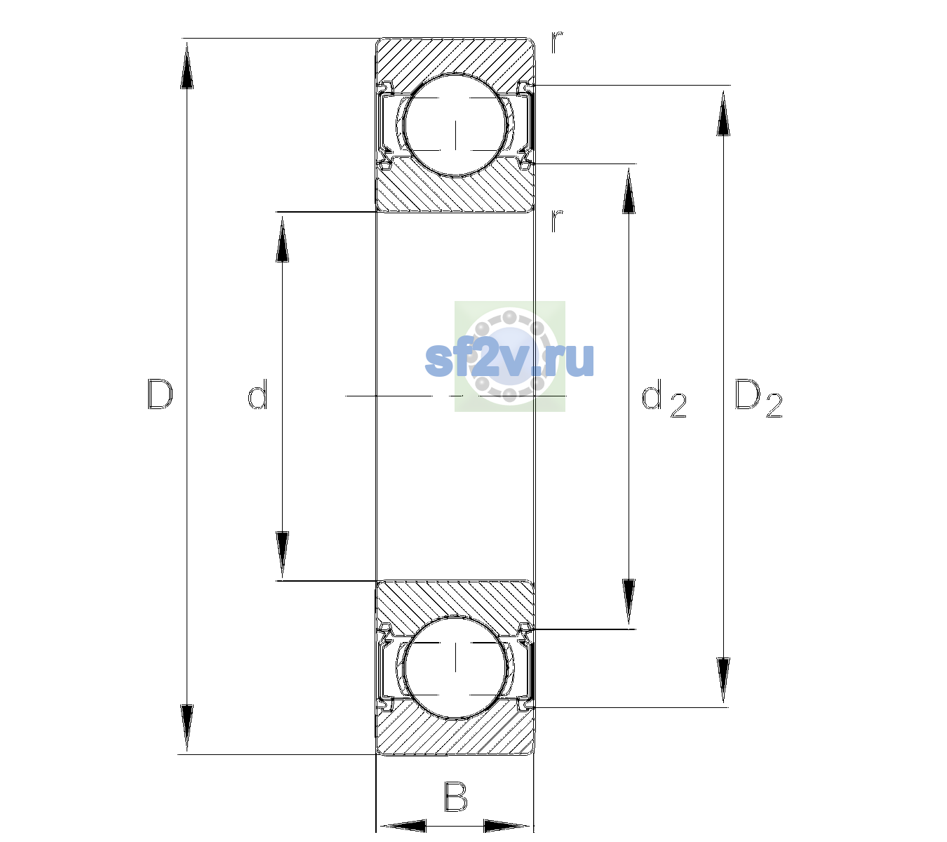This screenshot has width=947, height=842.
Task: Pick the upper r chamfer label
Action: click(x=557, y=42)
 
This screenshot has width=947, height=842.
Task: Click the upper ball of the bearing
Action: click(x=455, y=126)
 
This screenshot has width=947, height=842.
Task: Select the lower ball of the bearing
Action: click(x=455, y=667)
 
